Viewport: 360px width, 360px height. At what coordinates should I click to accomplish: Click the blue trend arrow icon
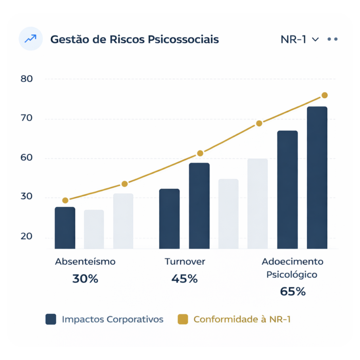coord(30,39)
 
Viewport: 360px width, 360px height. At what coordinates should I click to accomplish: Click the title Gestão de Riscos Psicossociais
coord(134,39)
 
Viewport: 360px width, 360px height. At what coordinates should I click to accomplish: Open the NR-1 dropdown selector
coord(300,39)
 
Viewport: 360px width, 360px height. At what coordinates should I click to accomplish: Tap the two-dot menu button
coord(332,39)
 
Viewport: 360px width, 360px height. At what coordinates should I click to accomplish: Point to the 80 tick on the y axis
coord(27,79)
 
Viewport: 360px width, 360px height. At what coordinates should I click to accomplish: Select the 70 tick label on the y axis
coord(27,118)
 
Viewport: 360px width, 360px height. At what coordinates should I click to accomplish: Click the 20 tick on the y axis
coord(27,237)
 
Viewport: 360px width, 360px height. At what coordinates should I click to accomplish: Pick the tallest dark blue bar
coord(317,178)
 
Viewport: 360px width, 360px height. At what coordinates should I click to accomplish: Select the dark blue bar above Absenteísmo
coord(65,228)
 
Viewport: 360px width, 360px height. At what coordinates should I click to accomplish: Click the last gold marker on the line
coord(324,95)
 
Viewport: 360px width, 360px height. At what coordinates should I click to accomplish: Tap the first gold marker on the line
coord(65,200)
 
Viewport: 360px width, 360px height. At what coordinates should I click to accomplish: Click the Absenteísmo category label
coord(85,262)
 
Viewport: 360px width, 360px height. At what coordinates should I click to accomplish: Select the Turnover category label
coord(185,262)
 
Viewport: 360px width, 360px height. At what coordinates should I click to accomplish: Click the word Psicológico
coord(291,275)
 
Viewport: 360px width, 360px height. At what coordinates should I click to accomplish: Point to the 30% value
coord(85,279)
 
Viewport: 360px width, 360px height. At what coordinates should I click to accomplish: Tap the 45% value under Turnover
coord(185,279)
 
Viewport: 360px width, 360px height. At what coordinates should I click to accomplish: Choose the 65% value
coord(292,292)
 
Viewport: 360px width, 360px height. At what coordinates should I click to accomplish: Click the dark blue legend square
coord(51,319)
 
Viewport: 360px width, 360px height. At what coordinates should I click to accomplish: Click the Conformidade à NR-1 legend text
coord(242,319)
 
